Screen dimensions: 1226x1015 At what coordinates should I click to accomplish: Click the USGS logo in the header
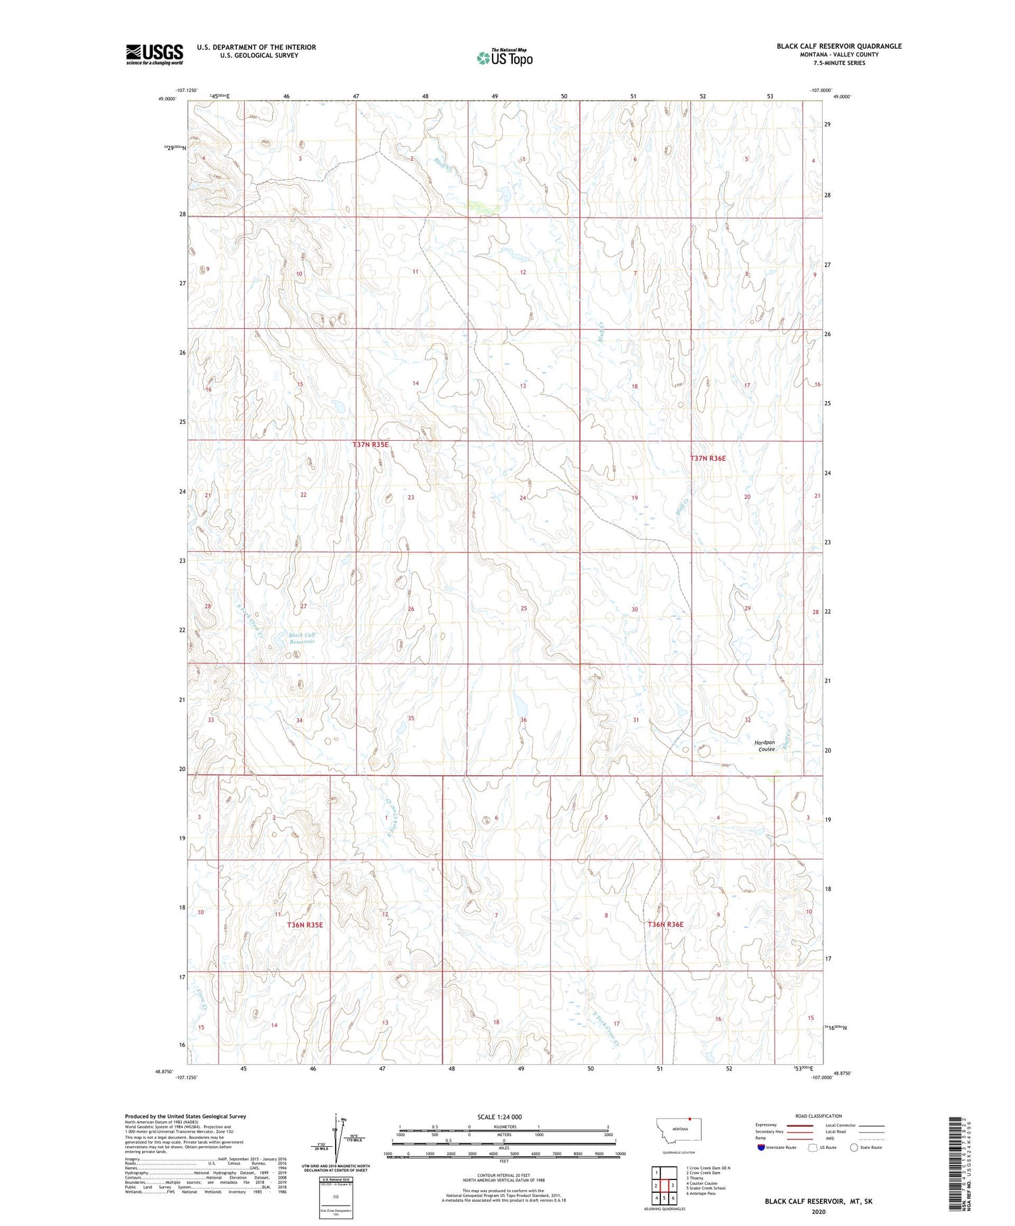[154, 54]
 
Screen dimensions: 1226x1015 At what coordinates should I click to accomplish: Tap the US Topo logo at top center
[504, 58]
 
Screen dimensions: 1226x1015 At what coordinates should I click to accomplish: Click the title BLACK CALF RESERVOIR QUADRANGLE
[838, 46]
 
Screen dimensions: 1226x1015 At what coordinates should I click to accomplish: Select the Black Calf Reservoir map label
[302, 638]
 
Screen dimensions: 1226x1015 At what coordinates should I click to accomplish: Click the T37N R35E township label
[370, 444]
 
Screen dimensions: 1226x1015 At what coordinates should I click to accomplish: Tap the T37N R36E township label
[707, 458]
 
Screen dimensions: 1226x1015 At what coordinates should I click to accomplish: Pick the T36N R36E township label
[665, 924]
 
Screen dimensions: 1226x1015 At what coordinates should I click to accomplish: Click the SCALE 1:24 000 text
[503, 1116]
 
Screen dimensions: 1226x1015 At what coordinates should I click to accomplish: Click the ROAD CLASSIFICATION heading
[819, 1116]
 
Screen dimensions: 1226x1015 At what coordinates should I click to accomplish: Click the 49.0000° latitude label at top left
[167, 99]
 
